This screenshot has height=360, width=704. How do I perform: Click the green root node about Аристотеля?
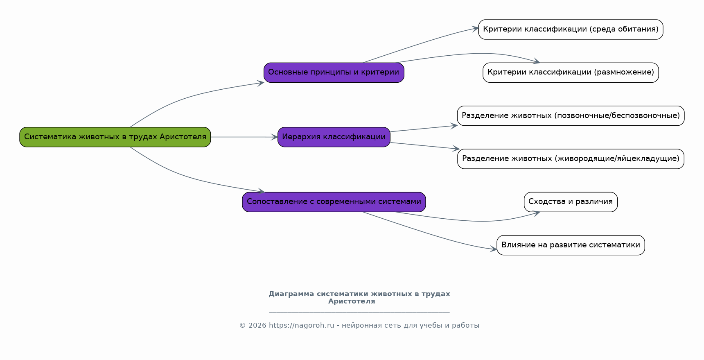point(115,137)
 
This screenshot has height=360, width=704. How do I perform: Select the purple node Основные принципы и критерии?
point(334,72)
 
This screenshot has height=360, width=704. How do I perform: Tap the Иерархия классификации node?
point(334,137)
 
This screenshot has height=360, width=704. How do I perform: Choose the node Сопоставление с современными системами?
point(334,202)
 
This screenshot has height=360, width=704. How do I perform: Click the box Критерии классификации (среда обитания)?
point(571,29)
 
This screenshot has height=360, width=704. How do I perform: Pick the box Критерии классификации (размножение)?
point(571,72)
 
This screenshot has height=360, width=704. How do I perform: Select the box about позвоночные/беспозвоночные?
point(571,116)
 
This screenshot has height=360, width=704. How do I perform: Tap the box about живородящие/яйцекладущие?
point(571,159)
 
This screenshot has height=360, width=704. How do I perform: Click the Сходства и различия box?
point(571,202)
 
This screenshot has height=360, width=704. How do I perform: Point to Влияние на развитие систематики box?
point(571,245)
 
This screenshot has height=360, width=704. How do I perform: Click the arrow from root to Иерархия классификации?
point(244,137)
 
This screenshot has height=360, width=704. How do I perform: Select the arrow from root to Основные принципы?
point(184,97)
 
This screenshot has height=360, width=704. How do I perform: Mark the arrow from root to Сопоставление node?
point(184,177)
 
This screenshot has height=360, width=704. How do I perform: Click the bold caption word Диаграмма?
point(291,294)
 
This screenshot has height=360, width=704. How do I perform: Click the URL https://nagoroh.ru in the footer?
point(301,326)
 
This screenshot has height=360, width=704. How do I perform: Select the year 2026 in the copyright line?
point(257,326)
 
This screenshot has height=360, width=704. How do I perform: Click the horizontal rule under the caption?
point(359,312)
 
